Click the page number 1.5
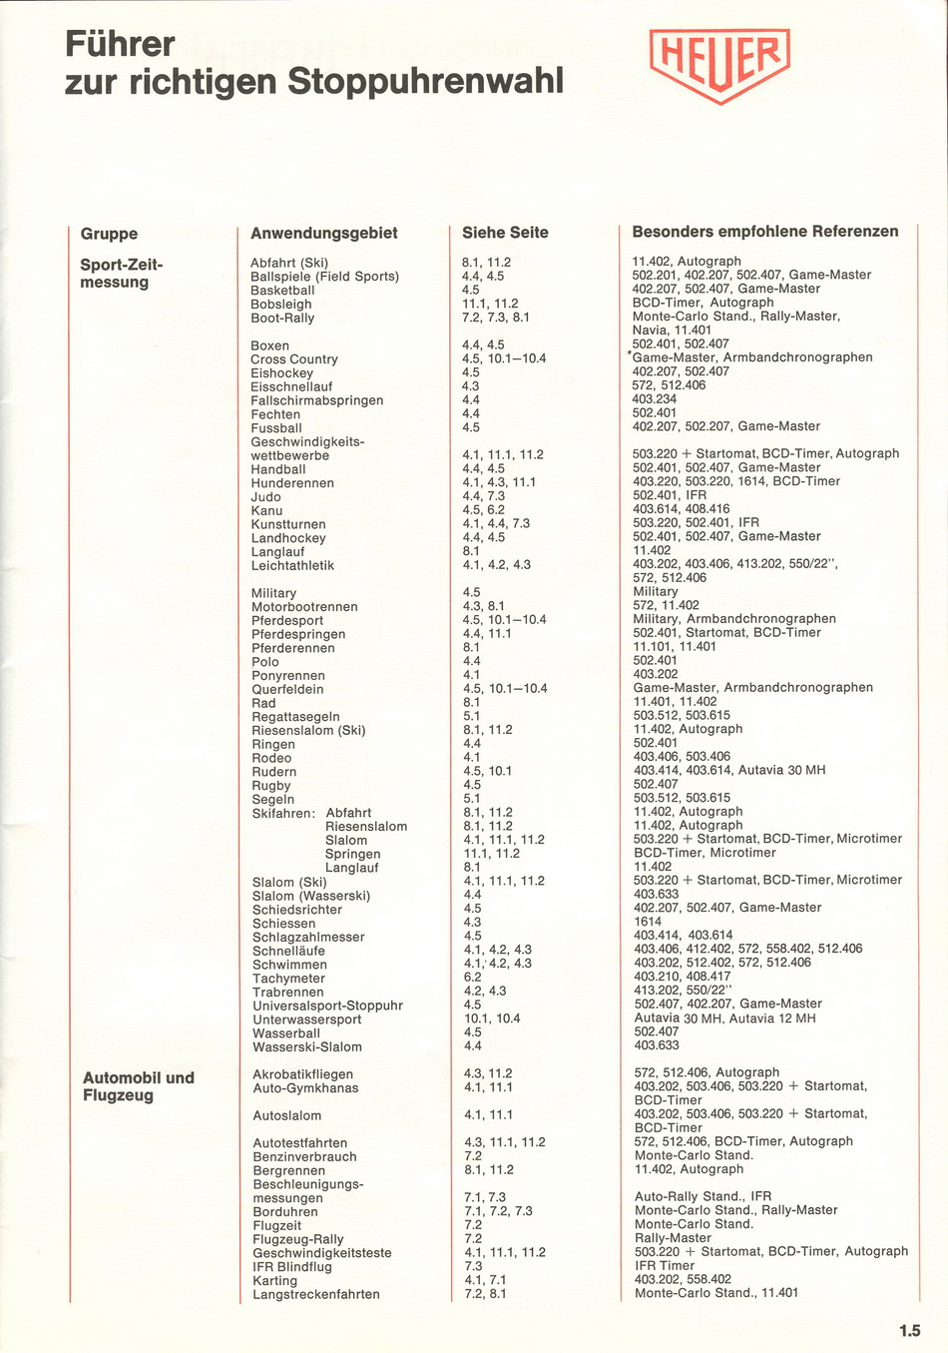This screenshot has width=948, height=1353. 908,1330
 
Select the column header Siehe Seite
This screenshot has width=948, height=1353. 505,233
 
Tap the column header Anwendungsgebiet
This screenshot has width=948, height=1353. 323,234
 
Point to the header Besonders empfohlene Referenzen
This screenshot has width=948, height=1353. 764,232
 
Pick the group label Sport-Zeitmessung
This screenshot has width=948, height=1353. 121,274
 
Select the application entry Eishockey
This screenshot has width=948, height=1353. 281,373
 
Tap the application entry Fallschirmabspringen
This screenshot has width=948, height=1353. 316,400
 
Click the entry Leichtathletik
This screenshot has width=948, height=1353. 292,565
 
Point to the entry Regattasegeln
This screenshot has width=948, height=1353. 295,717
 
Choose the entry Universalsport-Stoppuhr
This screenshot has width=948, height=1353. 327,1006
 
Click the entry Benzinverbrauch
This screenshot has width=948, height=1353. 304,1157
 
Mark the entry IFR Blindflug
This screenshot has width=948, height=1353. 291,1267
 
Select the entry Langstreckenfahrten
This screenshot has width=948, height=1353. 315,1295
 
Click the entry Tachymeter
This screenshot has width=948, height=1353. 288,979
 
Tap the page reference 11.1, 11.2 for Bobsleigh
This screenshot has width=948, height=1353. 490,304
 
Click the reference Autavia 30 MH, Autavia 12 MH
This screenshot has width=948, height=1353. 724,1018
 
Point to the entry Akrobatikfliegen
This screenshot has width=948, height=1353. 302,1074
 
